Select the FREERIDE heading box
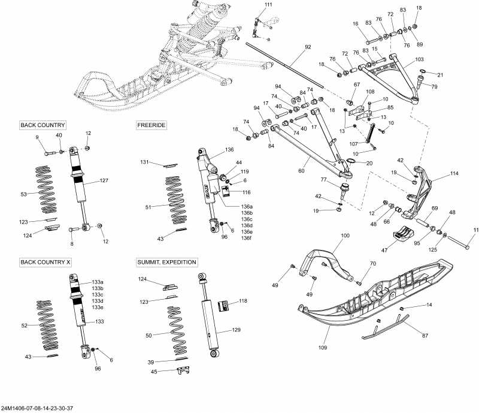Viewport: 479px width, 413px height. click(151, 125)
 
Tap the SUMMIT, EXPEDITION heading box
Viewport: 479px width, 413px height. click(167, 263)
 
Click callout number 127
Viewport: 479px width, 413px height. click(104, 180)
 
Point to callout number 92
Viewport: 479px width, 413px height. click(308, 47)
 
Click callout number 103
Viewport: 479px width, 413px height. click(419, 60)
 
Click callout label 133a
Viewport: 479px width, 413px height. click(98, 282)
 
